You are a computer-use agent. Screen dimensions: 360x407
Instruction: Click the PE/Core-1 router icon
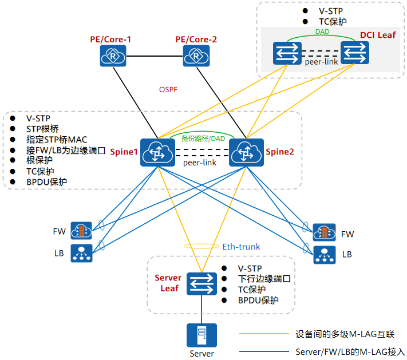pos(113,56)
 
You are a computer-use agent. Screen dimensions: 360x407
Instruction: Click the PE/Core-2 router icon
pos(196,56)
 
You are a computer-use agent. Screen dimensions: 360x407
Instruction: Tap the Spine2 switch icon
pos(246,153)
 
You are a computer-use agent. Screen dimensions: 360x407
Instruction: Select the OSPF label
pos(169,89)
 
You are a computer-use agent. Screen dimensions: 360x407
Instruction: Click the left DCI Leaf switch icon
pos(286,53)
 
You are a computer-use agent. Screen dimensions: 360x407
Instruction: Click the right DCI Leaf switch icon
pos(355,53)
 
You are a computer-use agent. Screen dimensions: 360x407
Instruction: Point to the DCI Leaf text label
pos(377,35)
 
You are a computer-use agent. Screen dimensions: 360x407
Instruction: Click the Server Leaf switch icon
pos(201,283)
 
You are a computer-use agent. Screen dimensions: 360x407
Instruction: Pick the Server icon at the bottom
pos(201,335)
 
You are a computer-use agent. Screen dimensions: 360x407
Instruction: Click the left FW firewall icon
pos(82,232)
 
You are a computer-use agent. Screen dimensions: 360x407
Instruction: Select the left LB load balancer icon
pos(82,253)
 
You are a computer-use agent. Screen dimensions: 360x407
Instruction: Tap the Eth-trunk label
pos(241,247)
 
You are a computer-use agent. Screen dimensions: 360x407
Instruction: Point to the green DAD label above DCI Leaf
pos(322,33)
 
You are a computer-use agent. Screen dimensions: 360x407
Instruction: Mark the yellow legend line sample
pos(263,334)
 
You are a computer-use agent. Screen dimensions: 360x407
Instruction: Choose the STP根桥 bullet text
pos(42,129)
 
